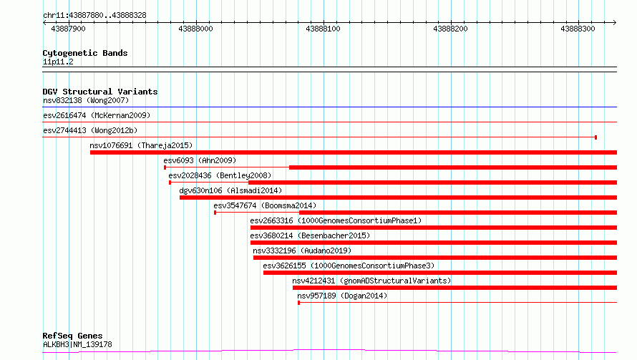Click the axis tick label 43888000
(195, 29)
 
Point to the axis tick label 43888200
(450, 29)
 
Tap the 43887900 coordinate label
(68, 29)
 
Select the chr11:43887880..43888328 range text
(94, 16)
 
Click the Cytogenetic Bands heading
(85, 53)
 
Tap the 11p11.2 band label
(58, 62)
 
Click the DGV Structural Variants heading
(100, 92)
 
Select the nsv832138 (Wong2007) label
(86, 100)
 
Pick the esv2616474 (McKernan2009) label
(97, 115)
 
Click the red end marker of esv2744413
(595, 137)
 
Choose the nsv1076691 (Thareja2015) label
(141, 145)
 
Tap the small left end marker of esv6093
(165, 167)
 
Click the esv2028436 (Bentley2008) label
(220, 175)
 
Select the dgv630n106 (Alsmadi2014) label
(230, 190)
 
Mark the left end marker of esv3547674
(215, 213)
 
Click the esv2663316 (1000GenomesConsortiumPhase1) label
(336, 220)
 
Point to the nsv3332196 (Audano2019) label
(302, 250)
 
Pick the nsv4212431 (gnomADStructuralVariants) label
(371, 281)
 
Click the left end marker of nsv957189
(298, 303)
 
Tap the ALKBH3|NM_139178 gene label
(77, 344)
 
